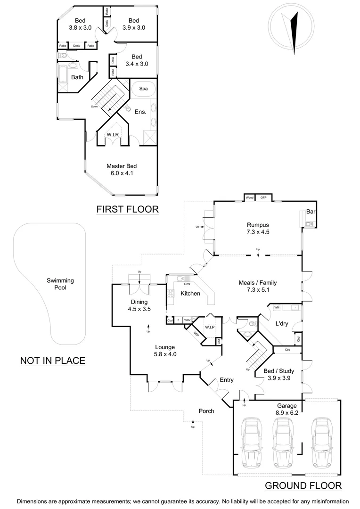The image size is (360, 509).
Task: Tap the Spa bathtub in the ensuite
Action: [140, 89]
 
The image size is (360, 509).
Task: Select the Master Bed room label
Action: [122, 170]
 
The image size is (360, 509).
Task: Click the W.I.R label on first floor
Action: [112, 135]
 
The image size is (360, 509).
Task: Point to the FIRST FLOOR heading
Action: [127, 209]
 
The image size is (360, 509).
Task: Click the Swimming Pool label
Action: [60, 284]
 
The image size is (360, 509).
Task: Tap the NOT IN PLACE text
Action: [52, 361]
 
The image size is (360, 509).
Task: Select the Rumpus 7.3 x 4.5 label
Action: [257, 228]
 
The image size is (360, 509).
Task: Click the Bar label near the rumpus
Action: [311, 212]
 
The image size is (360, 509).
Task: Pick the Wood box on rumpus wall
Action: [249, 197]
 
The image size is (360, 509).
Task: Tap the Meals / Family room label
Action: [257, 287]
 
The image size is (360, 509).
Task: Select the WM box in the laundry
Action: [277, 307]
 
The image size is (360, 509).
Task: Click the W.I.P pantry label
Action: [209, 327]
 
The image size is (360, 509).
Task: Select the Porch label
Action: [206, 411]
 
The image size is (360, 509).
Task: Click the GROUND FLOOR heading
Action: [303, 486]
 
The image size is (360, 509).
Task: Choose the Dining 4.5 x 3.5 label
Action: [139, 306]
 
